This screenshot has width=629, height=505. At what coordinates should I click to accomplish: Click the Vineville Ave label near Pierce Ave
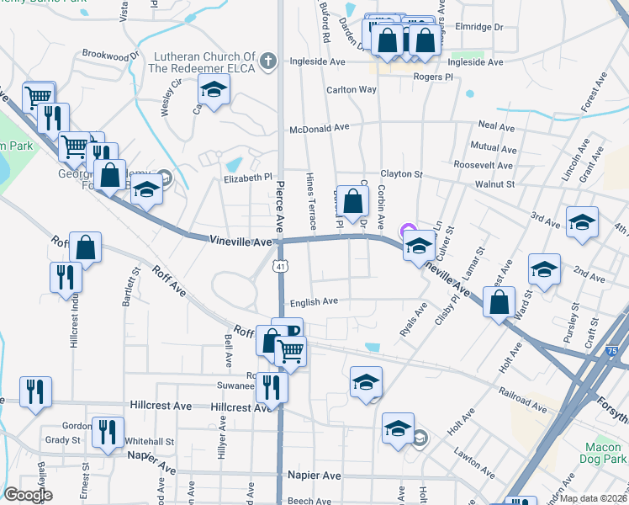click(240, 242)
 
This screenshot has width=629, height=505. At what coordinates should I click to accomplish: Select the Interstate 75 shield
click(610, 351)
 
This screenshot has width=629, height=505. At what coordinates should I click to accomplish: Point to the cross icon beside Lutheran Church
click(268, 61)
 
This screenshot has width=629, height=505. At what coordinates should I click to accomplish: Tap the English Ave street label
click(313, 300)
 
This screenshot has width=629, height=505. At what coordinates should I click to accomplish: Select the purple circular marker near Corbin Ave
click(408, 230)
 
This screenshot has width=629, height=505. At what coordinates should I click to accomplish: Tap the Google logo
click(29, 495)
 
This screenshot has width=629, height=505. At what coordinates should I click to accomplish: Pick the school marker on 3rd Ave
click(581, 223)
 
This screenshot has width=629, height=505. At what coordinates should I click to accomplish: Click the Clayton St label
click(400, 174)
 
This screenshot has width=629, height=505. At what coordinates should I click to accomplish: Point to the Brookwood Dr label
click(109, 56)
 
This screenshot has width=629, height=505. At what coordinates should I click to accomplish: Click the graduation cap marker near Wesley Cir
click(214, 91)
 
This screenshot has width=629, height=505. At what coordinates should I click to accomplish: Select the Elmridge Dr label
click(478, 27)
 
